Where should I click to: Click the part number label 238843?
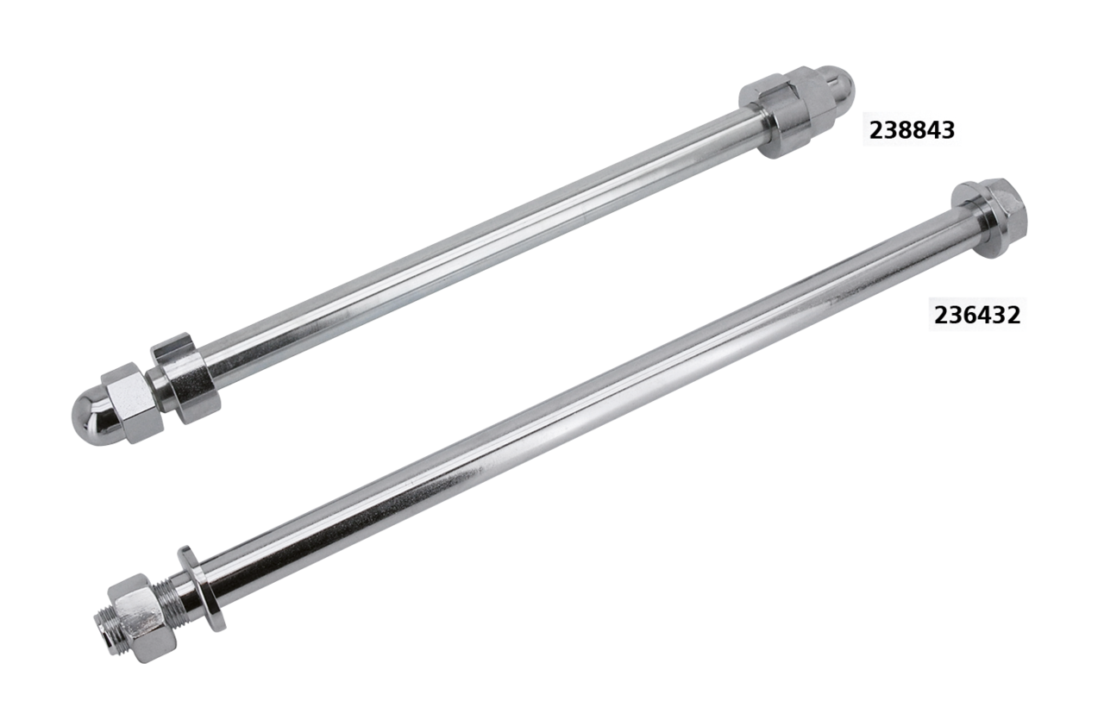(x=912, y=130)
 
